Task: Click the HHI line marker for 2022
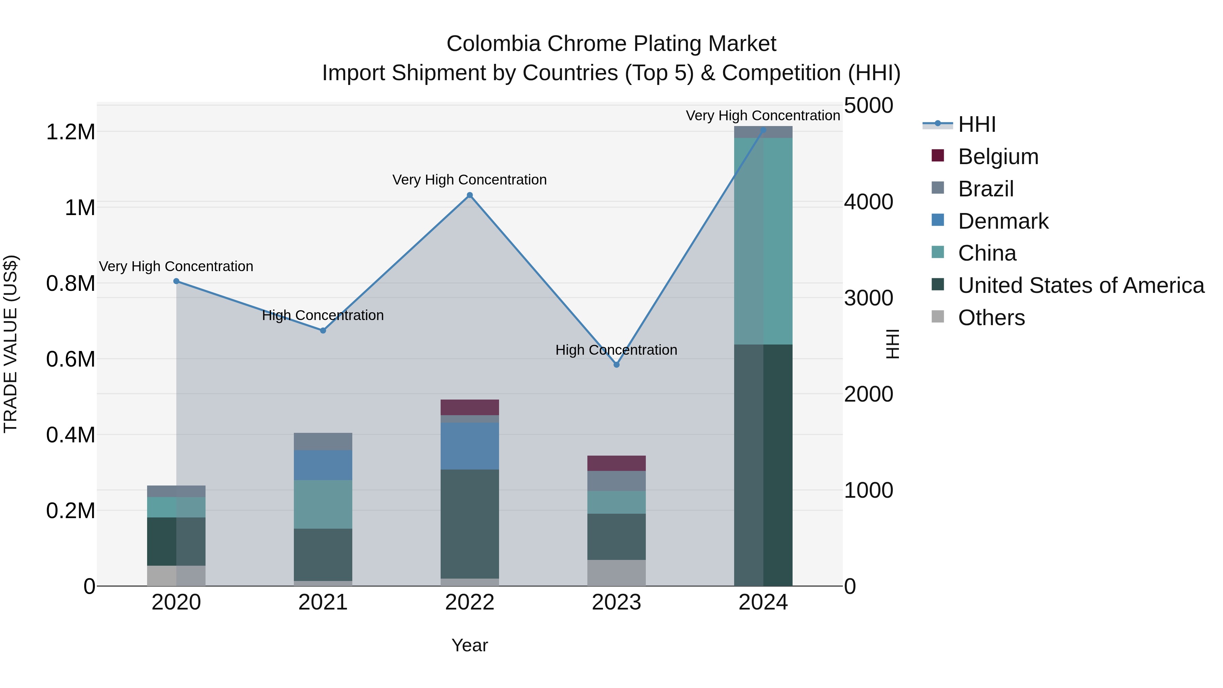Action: (x=469, y=195)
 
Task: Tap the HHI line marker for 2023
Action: (x=616, y=365)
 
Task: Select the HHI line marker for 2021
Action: (x=323, y=331)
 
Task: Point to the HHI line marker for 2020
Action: (x=176, y=281)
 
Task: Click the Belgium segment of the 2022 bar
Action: (x=469, y=407)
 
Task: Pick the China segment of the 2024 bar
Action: (x=763, y=241)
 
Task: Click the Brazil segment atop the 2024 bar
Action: (x=763, y=133)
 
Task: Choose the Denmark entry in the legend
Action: (x=1003, y=221)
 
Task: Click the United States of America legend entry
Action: (x=1081, y=285)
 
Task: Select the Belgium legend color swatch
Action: (x=938, y=156)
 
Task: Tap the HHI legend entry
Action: (x=977, y=124)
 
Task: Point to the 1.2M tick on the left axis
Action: (x=70, y=132)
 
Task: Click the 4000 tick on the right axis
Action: (x=868, y=202)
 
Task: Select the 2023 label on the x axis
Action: (x=616, y=602)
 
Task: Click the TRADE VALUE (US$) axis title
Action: (x=11, y=344)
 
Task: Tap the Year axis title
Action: (x=469, y=645)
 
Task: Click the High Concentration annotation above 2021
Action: (x=323, y=315)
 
